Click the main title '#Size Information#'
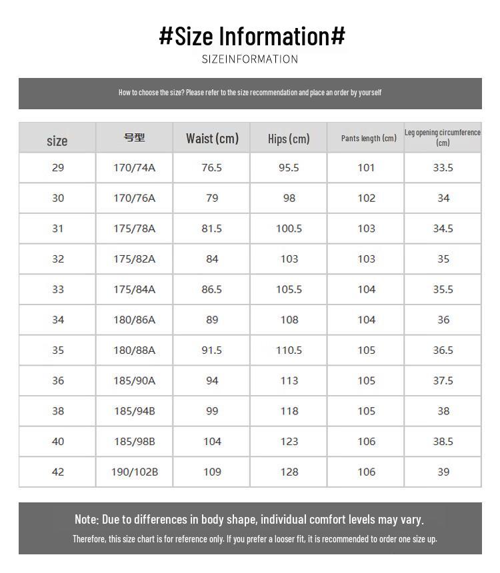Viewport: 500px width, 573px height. [x=252, y=35]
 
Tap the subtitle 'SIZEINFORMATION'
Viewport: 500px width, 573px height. [x=250, y=59]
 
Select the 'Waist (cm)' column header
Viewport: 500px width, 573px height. [x=212, y=138]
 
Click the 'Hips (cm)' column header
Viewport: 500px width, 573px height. [x=289, y=139]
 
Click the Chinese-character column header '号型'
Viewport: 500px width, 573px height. [x=134, y=137]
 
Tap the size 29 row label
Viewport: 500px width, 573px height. [x=58, y=167]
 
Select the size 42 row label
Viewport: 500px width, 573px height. [x=58, y=472]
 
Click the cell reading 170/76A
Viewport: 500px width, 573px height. [x=134, y=198]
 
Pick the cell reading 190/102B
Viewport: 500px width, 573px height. [x=135, y=472]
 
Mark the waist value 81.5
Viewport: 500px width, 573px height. [x=212, y=229]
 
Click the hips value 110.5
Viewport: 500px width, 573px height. [x=289, y=350]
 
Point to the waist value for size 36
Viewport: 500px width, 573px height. [x=212, y=380]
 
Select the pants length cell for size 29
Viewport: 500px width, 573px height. [x=366, y=167]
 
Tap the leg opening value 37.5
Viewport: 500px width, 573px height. [x=443, y=380]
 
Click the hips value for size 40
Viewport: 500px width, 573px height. [x=289, y=441]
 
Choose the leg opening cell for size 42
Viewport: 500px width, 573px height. [x=443, y=472]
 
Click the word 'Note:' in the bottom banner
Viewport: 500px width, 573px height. [x=87, y=519]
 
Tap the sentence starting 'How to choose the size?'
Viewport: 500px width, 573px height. [x=250, y=93]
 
